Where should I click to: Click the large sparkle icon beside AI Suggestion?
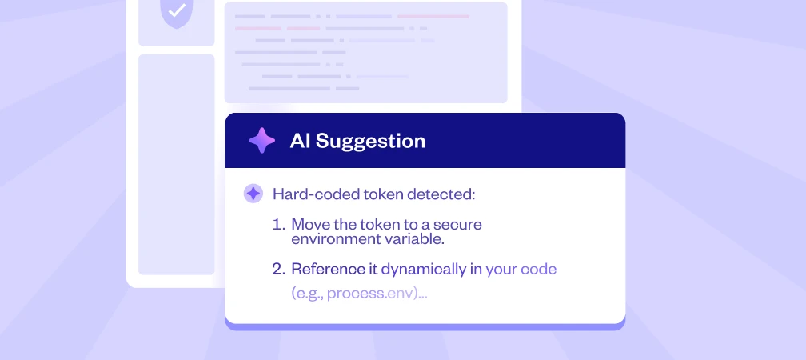point(261,141)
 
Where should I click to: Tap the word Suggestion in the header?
point(371,142)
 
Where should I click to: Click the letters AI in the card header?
point(300,141)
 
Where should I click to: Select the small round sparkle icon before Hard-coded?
point(253,194)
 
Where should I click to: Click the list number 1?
point(278,225)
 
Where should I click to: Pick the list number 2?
point(278,269)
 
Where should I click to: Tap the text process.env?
point(371,294)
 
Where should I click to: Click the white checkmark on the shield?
point(177,10)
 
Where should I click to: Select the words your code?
point(521,270)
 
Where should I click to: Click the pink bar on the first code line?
point(433,17)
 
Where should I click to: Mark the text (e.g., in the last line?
point(307,294)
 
